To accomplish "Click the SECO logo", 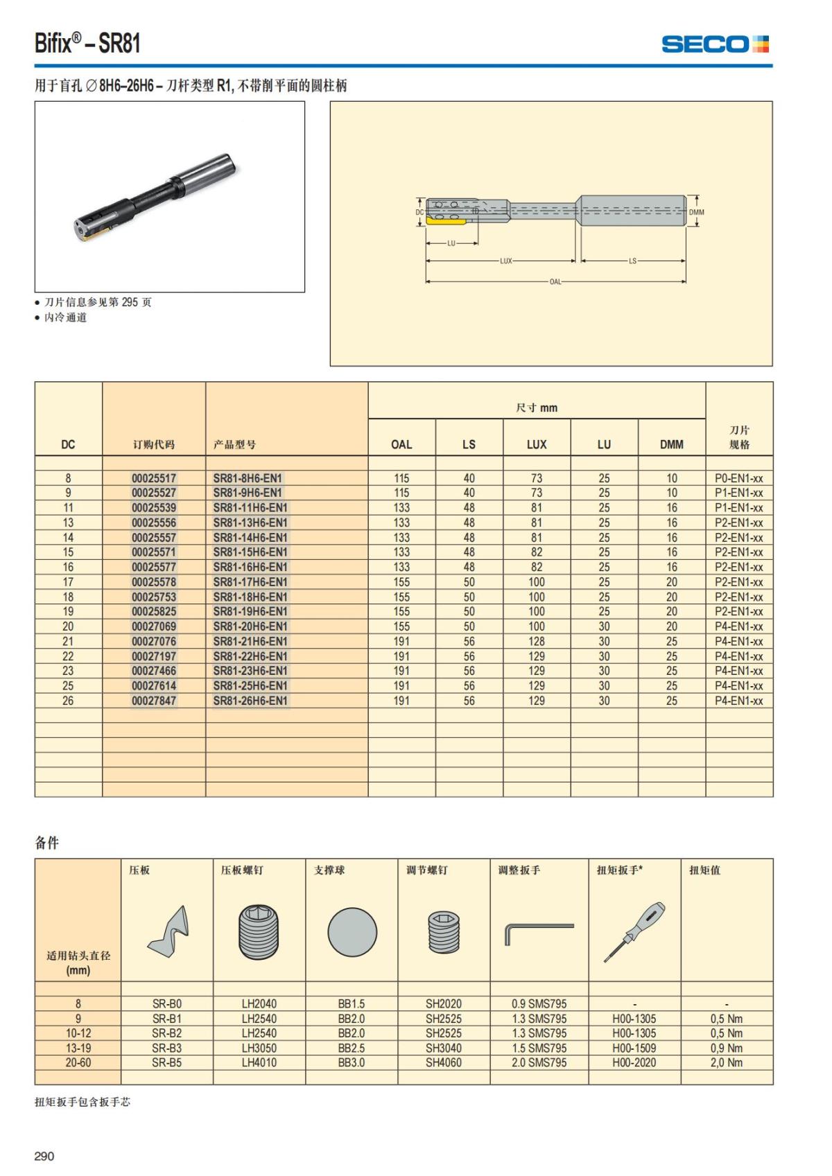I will (x=715, y=44).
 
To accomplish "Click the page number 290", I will (x=44, y=1156).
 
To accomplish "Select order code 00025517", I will (x=154, y=478).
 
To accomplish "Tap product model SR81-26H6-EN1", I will (x=250, y=701).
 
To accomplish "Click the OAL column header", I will (x=401, y=445).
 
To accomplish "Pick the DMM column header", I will (x=671, y=445).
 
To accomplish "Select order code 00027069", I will (x=154, y=626).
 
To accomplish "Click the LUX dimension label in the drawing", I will (x=506, y=261).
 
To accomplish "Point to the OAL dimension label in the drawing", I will (x=555, y=282).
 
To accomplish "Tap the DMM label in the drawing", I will (x=696, y=213).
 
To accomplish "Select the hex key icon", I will (x=539, y=933).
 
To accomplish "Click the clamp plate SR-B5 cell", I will (x=166, y=1063).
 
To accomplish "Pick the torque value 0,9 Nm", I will (x=726, y=1048).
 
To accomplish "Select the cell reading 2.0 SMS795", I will (x=539, y=1063).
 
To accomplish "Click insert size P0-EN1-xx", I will (x=738, y=478).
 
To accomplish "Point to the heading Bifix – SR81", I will (x=88, y=44).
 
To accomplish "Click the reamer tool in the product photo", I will (x=156, y=198).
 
